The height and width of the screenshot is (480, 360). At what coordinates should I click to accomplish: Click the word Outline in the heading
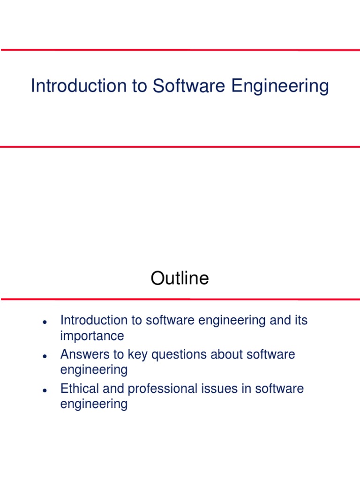[180, 278]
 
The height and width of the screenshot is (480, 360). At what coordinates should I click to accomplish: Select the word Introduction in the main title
[75, 86]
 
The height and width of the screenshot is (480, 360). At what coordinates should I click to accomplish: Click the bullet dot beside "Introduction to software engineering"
[44, 322]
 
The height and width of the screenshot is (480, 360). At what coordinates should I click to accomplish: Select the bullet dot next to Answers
[44, 356]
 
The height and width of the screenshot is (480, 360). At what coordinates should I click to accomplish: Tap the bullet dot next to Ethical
[44, 390]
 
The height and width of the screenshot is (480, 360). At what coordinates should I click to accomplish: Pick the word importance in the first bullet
[92, 336]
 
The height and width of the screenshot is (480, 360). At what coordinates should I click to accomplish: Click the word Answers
[82, 354]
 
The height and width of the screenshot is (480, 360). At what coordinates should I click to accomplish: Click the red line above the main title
[180, 50]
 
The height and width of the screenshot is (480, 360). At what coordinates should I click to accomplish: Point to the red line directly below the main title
[180, 147]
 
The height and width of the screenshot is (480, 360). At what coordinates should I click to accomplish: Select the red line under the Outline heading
[180, 299]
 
